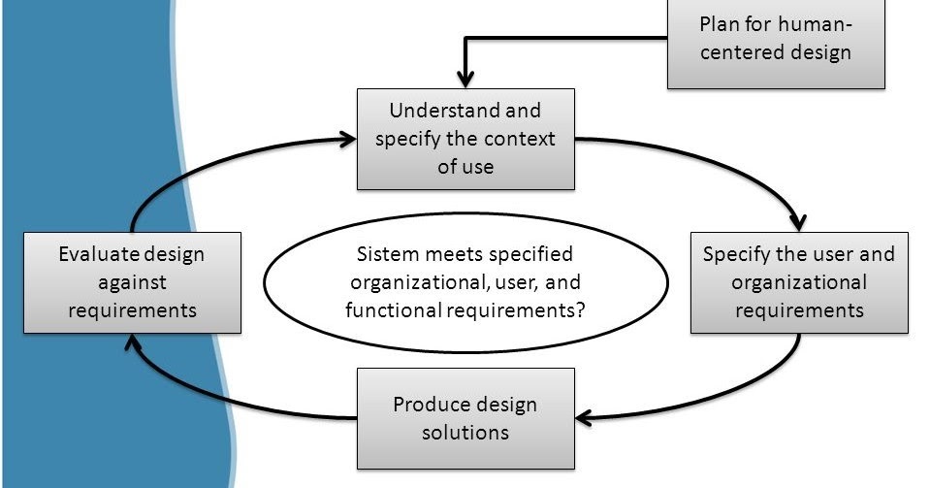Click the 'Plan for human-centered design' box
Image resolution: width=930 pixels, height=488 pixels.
[776, 39]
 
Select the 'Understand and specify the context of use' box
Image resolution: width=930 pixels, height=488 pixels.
[465, 139]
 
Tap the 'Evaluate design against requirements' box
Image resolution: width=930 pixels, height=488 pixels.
[132, 282]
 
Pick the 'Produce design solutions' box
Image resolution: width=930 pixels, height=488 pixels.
[465, 417]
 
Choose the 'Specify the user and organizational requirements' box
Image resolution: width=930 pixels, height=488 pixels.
[799, 282]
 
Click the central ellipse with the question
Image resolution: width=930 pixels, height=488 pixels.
[465, 282]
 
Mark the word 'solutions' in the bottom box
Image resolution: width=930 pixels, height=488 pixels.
[465, 432]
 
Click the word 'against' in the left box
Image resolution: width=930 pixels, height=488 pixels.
[132, 282]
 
